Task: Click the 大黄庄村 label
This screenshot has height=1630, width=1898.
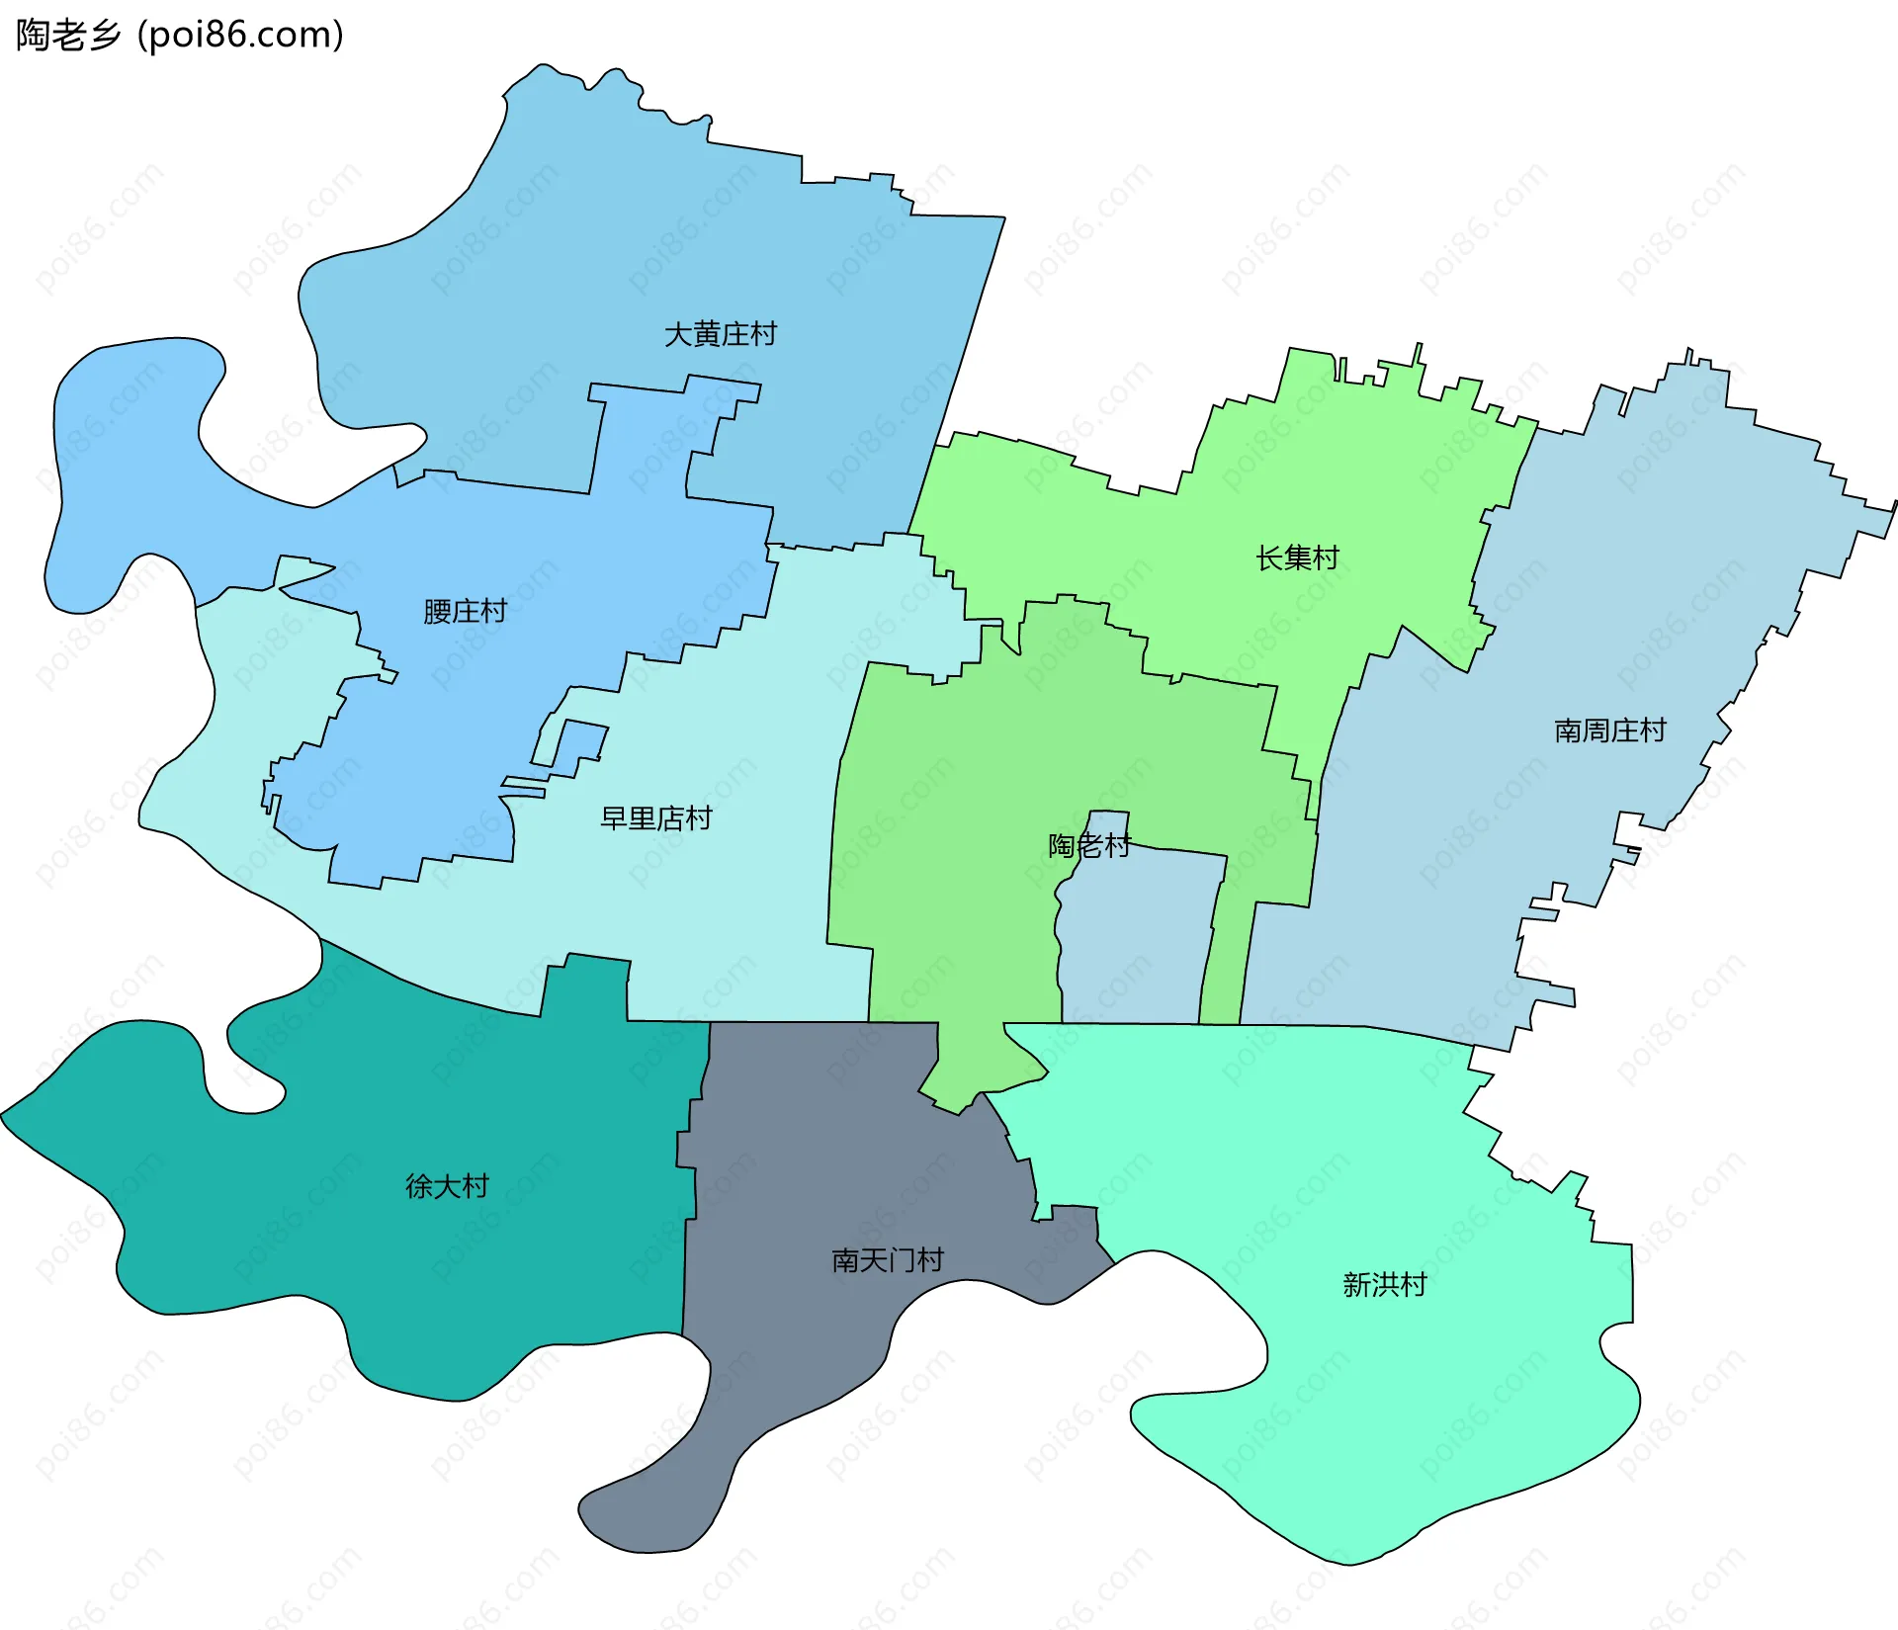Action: [x=720, y=334]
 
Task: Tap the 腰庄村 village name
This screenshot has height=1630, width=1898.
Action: [x=465, y=611]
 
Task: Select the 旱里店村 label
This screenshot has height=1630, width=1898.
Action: [x=655, y=818]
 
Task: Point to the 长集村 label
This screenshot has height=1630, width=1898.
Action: [x=1297, y=558]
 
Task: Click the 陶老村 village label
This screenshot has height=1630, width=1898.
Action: [x=1088, y=846]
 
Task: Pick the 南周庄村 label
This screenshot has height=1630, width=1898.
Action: [x=1609, y=730]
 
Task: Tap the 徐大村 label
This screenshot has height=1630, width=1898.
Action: [x=447, y=1186]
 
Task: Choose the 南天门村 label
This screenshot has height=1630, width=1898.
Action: [x=887, y=1260]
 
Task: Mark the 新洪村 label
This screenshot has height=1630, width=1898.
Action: [x=1384, y=1285]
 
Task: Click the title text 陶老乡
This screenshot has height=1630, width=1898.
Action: [x=67, y=36]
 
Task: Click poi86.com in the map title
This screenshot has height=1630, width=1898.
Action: [x=240, y=36]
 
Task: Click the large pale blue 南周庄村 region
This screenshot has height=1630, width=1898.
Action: [x=1631, y=593]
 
